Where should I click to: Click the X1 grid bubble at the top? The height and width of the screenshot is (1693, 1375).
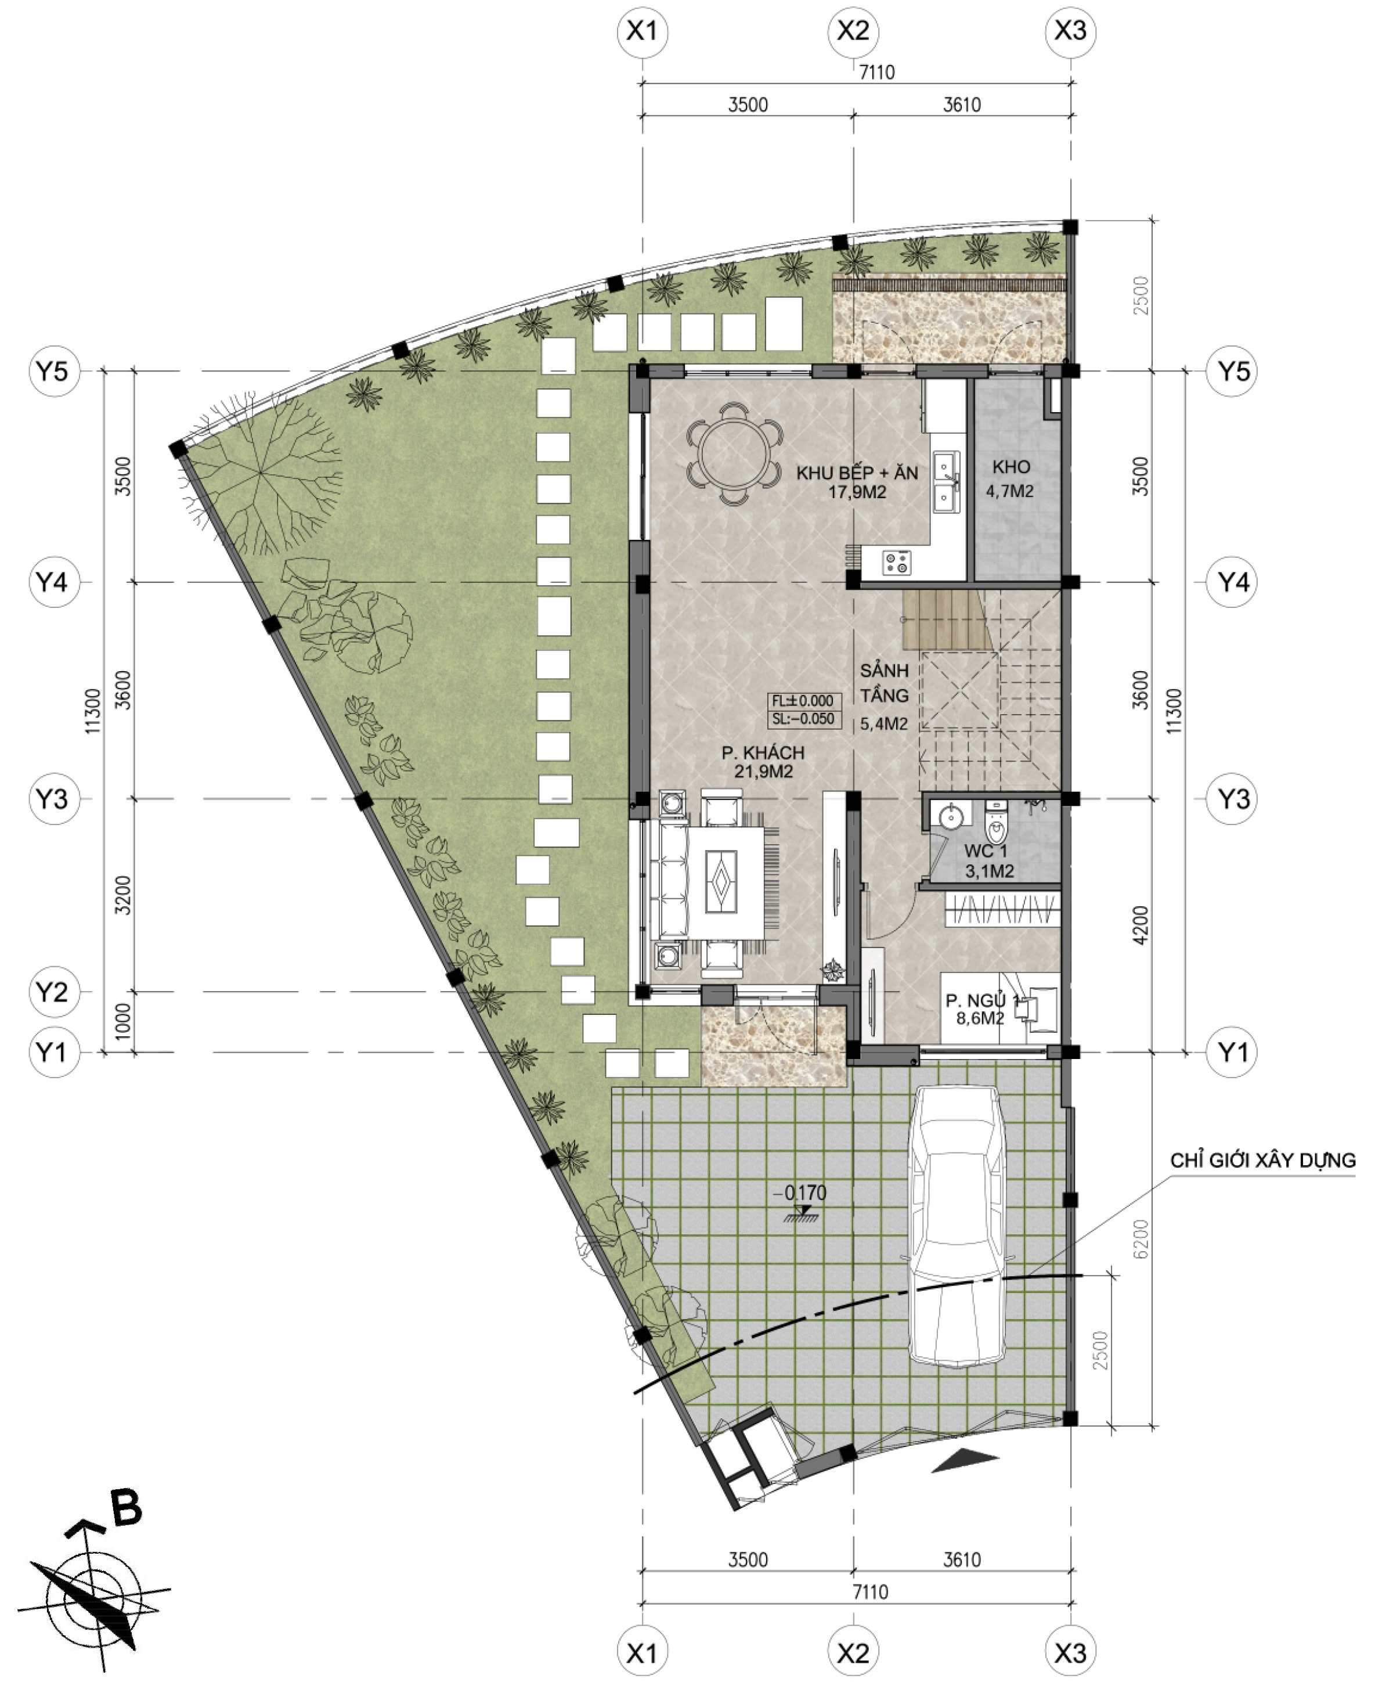643,31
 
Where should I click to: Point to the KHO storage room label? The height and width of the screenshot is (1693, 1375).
1010,467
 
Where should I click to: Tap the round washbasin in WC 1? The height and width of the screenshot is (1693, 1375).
948,815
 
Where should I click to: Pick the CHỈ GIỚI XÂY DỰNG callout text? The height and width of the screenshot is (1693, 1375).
1262,1161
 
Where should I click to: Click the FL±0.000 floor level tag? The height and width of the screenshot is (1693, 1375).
803,700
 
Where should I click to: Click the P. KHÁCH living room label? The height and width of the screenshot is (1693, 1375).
763,752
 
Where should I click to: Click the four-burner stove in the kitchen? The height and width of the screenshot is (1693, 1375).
897,563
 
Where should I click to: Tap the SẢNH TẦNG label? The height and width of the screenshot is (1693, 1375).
884,683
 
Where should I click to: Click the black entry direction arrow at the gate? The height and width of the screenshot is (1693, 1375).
964,1461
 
